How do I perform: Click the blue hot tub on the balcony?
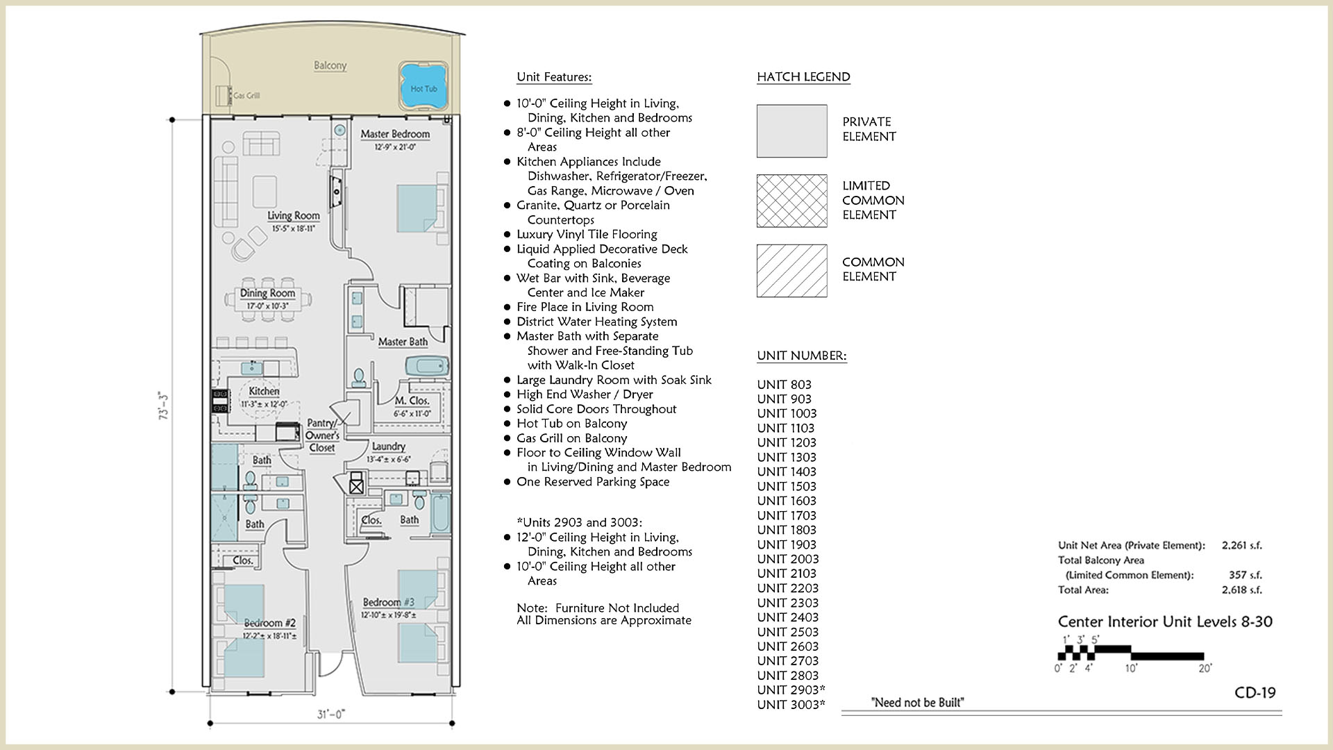pyautogui.click(x=423, y=88)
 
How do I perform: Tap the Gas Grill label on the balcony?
pyautogui.click(x=246, y=96)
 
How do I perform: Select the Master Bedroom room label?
pyautogui.click(x=395, y=134)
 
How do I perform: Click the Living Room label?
pyautogui.click(x=294, y=216)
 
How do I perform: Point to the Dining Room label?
pyautogui.click(x=268, y=293)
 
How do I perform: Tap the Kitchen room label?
pyautogui.click(x=264, y=392)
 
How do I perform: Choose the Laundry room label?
pyautogui.click(x=388, y=447)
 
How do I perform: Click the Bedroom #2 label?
pyautogui.click(x=269, y=623)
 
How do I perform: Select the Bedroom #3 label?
pyautogui.click(x=389, y=602)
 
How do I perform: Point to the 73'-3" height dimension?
pyautogui.click(x=164, y=406)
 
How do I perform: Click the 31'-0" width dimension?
pyautogui.click(x=331, y=714)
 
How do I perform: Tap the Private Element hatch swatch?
pyautogui.click(x=791, y=131)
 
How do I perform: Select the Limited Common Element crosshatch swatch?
pyautogui.click(x=791, y=201)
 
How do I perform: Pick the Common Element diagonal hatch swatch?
pyautogui.click(x=791, y=271)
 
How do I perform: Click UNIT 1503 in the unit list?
pyautogui.click(x=787, y=486)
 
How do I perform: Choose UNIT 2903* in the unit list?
pyautogui.click(x=791, y=690)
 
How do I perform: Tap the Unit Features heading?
pyautogui.click(x=554, y=77)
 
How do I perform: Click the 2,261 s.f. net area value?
pyautogui.click(x=1242, y=545)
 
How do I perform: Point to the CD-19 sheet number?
pyautogui.click(x=1255, y=692)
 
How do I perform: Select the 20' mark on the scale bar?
pyautogui.click(x=1205, y=668)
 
